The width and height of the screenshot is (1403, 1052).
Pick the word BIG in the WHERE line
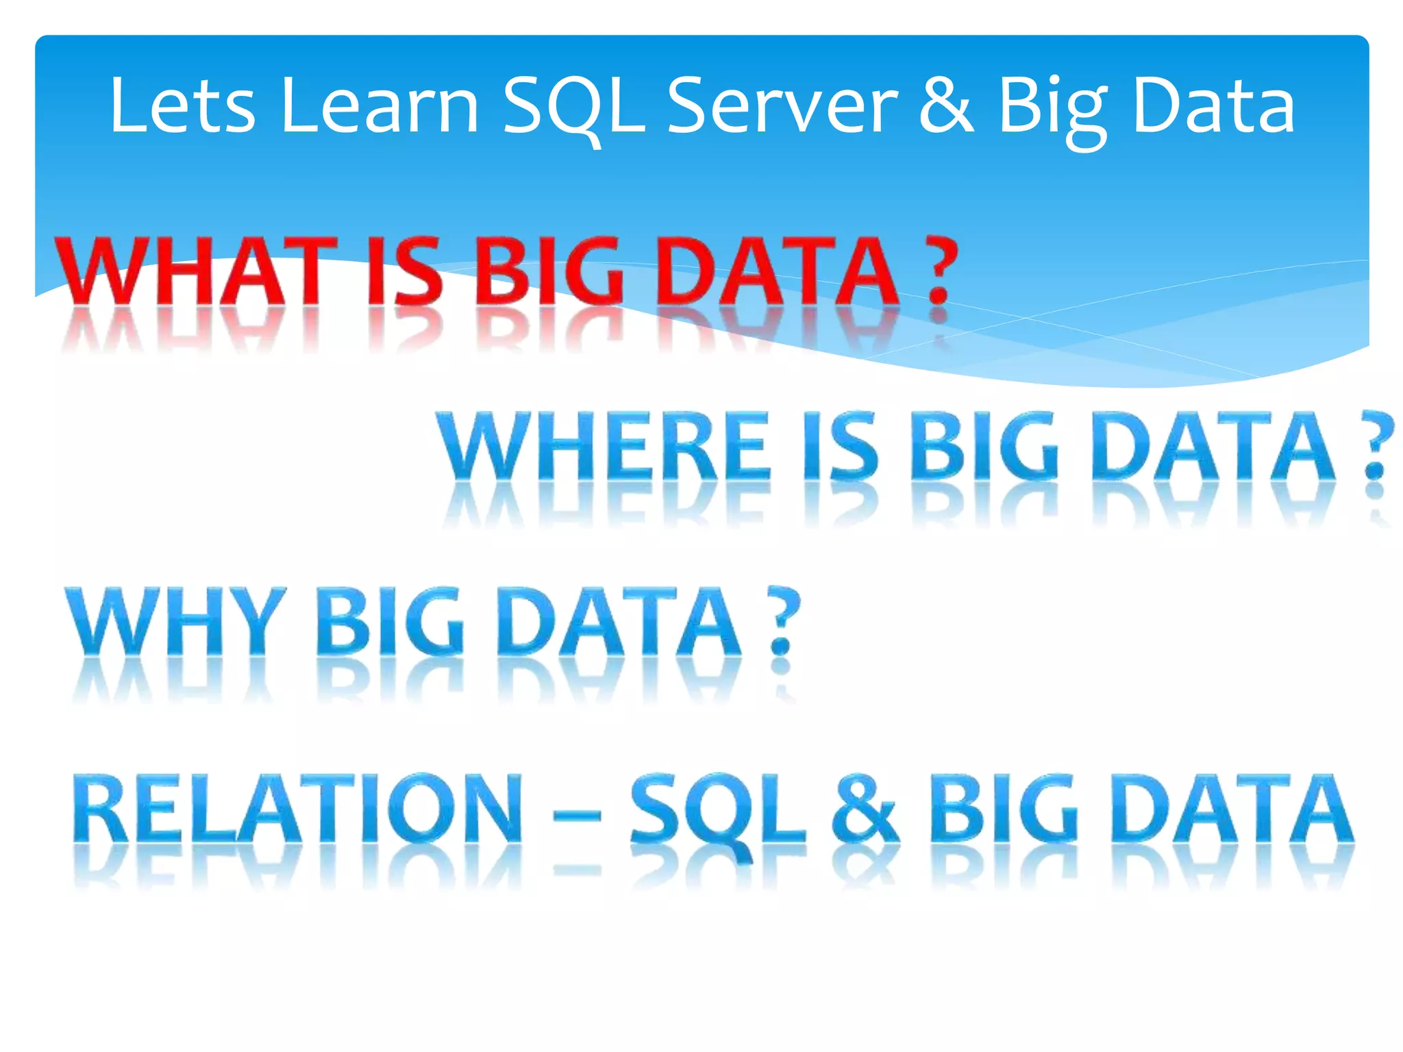click(984, 446)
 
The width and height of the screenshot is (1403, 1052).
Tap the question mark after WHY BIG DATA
click(782, 621)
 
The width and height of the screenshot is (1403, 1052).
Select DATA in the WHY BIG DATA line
click(619, 621)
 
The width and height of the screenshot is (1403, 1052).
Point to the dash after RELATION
click(577, 816)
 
